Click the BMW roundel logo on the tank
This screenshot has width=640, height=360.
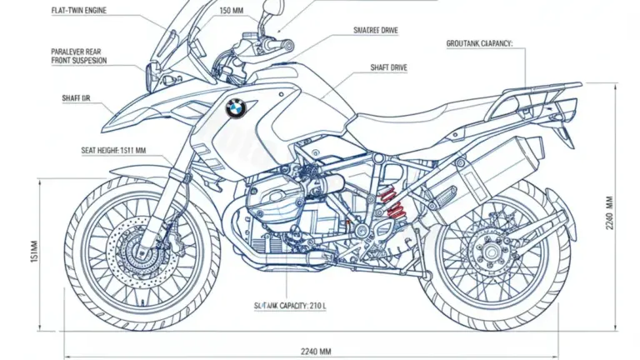236,107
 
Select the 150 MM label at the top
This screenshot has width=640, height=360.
232,11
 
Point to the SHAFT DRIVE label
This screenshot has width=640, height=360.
388,67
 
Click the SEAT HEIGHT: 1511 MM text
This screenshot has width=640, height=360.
90,150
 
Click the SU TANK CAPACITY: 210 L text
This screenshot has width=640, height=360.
289,307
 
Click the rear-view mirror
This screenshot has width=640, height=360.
270,12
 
